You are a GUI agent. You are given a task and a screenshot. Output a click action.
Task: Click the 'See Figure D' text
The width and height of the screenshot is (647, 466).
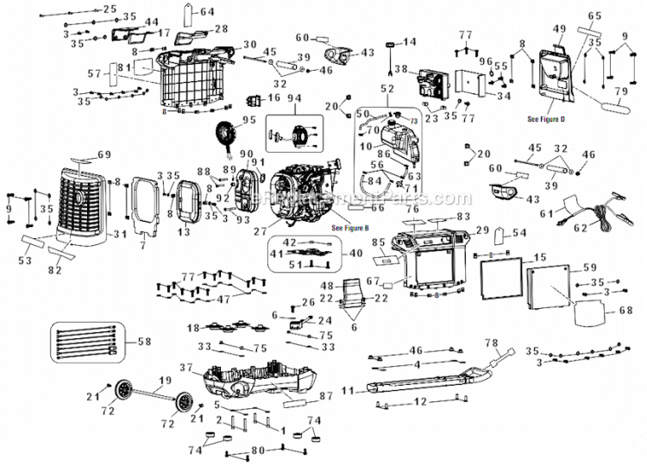tap(545, 117)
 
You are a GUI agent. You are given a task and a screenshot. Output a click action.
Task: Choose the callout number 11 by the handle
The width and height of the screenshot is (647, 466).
tap(349, 392)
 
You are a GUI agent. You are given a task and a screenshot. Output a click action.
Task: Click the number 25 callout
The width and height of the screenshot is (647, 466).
tap(109, 9)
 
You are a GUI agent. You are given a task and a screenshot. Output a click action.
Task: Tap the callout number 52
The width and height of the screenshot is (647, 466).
tap(386, 88)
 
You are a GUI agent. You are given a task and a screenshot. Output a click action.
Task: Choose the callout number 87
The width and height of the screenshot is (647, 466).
tap(326, 396)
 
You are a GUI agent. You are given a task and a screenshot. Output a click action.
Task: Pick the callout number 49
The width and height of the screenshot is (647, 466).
tap(559, 28)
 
